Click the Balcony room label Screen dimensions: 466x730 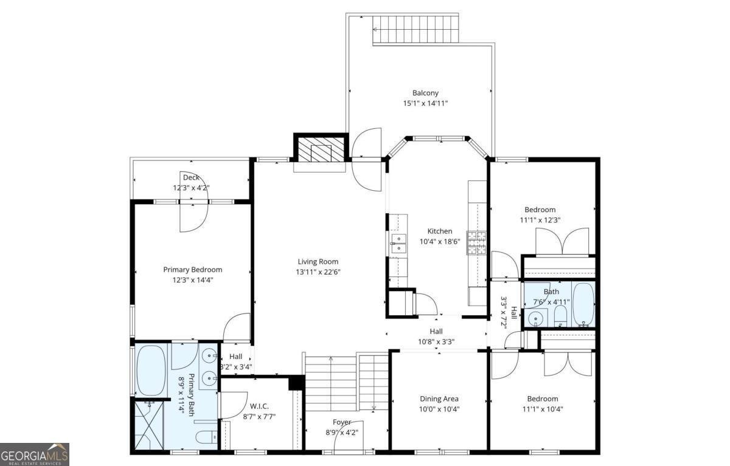point(425,93)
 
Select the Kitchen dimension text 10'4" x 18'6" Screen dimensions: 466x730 point(439,241)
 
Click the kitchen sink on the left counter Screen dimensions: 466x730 point(398,243)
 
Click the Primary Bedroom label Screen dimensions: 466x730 point(192,270)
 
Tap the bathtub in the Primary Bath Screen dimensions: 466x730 point(151,370)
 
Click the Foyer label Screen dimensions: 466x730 point(341,422)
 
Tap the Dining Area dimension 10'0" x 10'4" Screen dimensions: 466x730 point(439,409)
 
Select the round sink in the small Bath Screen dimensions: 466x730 point(537,317)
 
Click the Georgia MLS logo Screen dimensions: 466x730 point(35,454)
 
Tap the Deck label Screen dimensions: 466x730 point(191,177)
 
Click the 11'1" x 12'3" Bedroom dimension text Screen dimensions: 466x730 point(540,220)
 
